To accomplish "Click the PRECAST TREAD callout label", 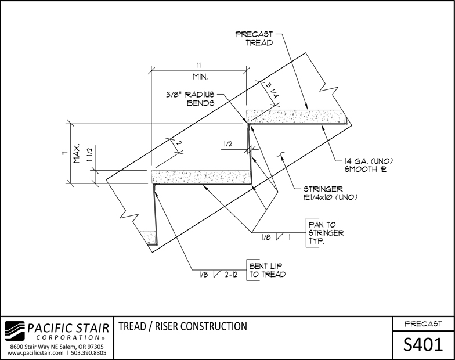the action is [x=254, y=38].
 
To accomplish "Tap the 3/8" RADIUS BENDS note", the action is [x=190, y=99].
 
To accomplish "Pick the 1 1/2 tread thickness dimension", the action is [x=90, y=154].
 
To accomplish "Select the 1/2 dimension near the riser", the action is [x=228, y=144].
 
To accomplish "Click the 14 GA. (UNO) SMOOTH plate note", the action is [x=369, y=165].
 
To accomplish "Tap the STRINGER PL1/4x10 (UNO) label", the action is [x=330, y=193].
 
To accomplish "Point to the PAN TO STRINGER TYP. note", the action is [x=326, y=233].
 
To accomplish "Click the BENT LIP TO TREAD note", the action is [x=267, y=270].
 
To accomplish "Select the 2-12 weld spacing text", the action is [x=231, y=274].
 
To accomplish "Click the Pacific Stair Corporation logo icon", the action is [x=15, y=331].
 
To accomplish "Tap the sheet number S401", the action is [x=424, y=345].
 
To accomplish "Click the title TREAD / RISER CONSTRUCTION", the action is [x=183, y=326].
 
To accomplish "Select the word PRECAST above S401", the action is [x=424, y=324].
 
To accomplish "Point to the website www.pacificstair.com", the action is [x=35, y=353].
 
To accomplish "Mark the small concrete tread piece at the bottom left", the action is [x=149, y=237].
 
